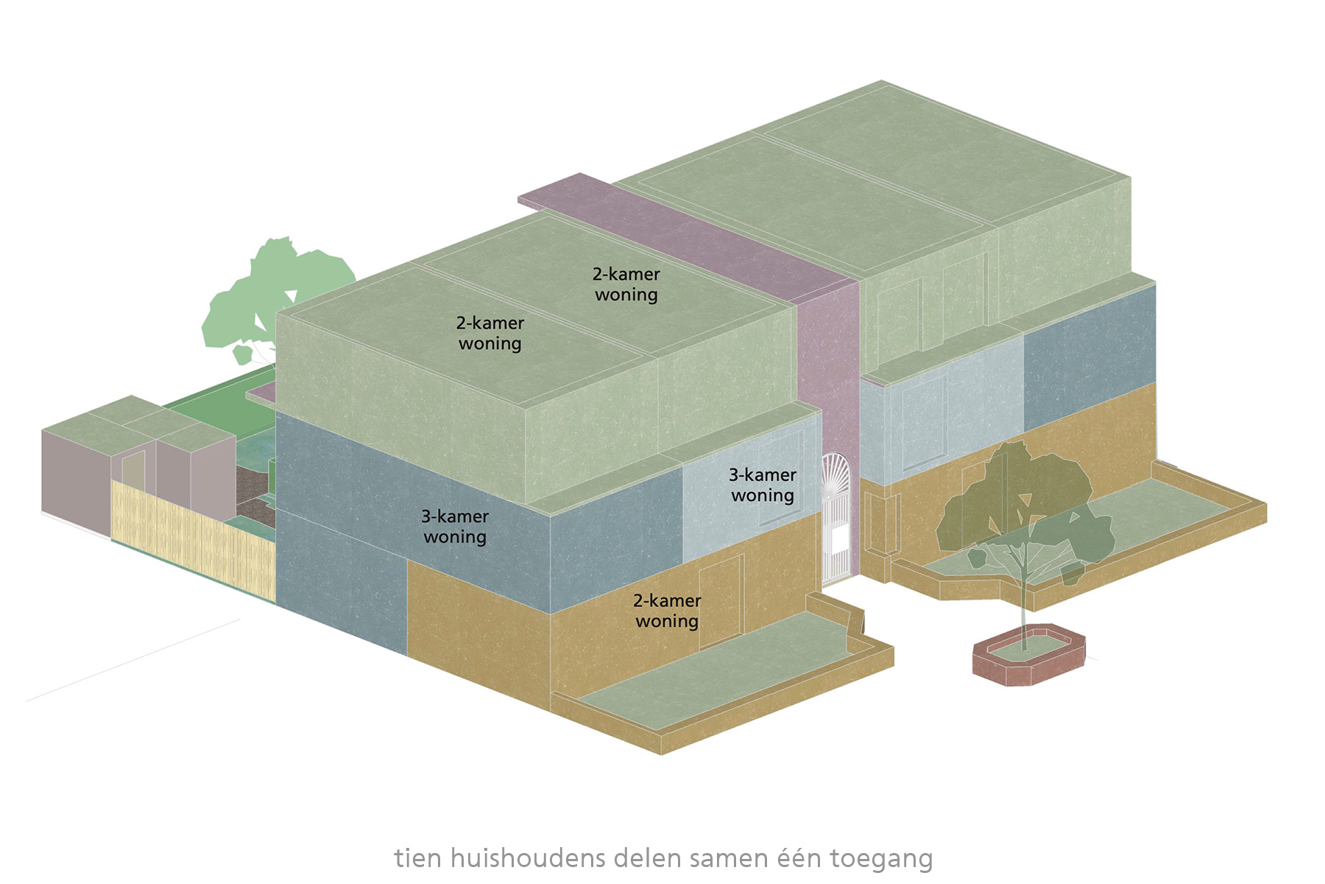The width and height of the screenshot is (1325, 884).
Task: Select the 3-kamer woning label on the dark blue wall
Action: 455,527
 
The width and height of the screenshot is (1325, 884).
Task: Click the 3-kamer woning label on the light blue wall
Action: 763,485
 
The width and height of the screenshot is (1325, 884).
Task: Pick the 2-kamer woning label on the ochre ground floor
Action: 667,611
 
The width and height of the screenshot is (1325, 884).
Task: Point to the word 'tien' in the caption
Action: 418,858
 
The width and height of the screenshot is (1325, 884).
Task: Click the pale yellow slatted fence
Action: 191,538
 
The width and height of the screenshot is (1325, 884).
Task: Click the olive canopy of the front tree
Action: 1023,501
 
